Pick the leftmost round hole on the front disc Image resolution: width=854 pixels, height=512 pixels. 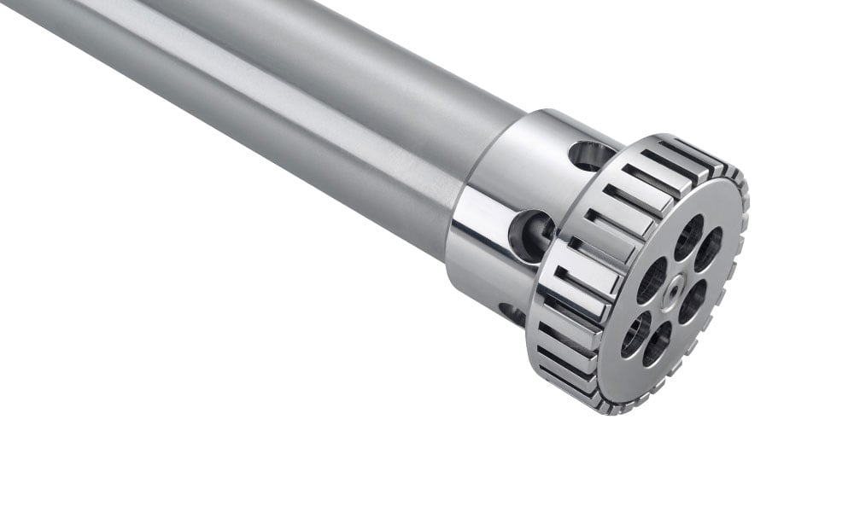pyautogui.click(x=635, y=335)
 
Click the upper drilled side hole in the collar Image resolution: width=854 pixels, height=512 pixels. pyautogui.click(x=590, y=155)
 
